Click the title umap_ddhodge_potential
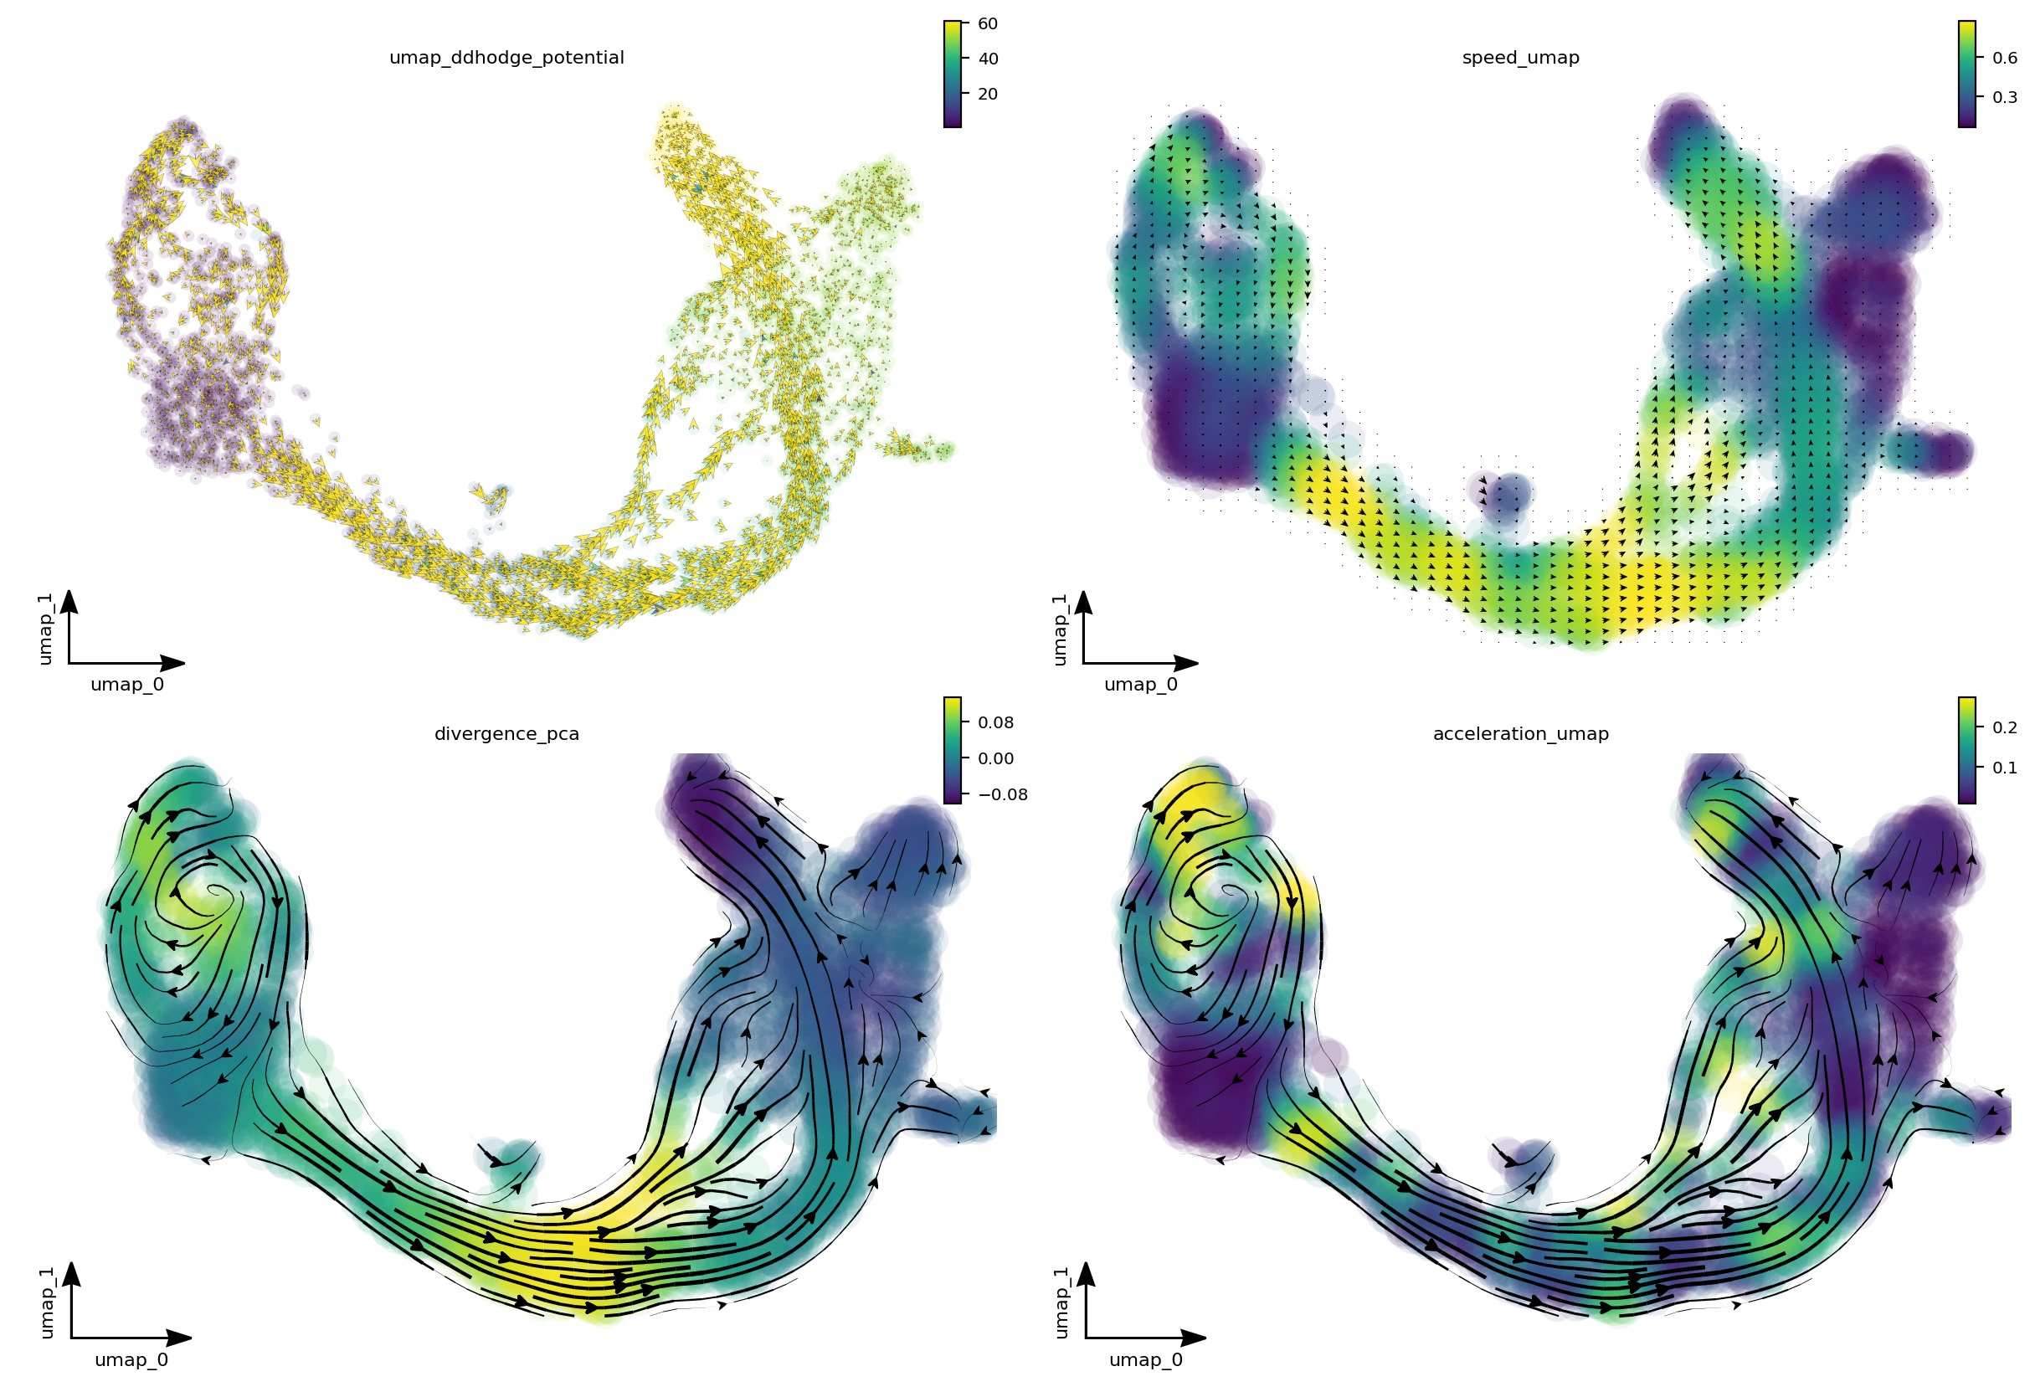click(x=506, y=58)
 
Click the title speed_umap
click(x=1520, y=58)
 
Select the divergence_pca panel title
click(x=506, y=733)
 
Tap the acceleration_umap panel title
click(x=1520, y=733)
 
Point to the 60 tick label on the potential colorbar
click(x=988, y=23)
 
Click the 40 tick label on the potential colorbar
click(x=988, y=59)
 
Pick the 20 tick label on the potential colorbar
click(x=988, y=94)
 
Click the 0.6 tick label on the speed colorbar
click(x=2004, y=58)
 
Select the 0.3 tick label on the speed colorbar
click(x=2004, y=97)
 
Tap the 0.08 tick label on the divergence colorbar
click(x=995, y=722)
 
